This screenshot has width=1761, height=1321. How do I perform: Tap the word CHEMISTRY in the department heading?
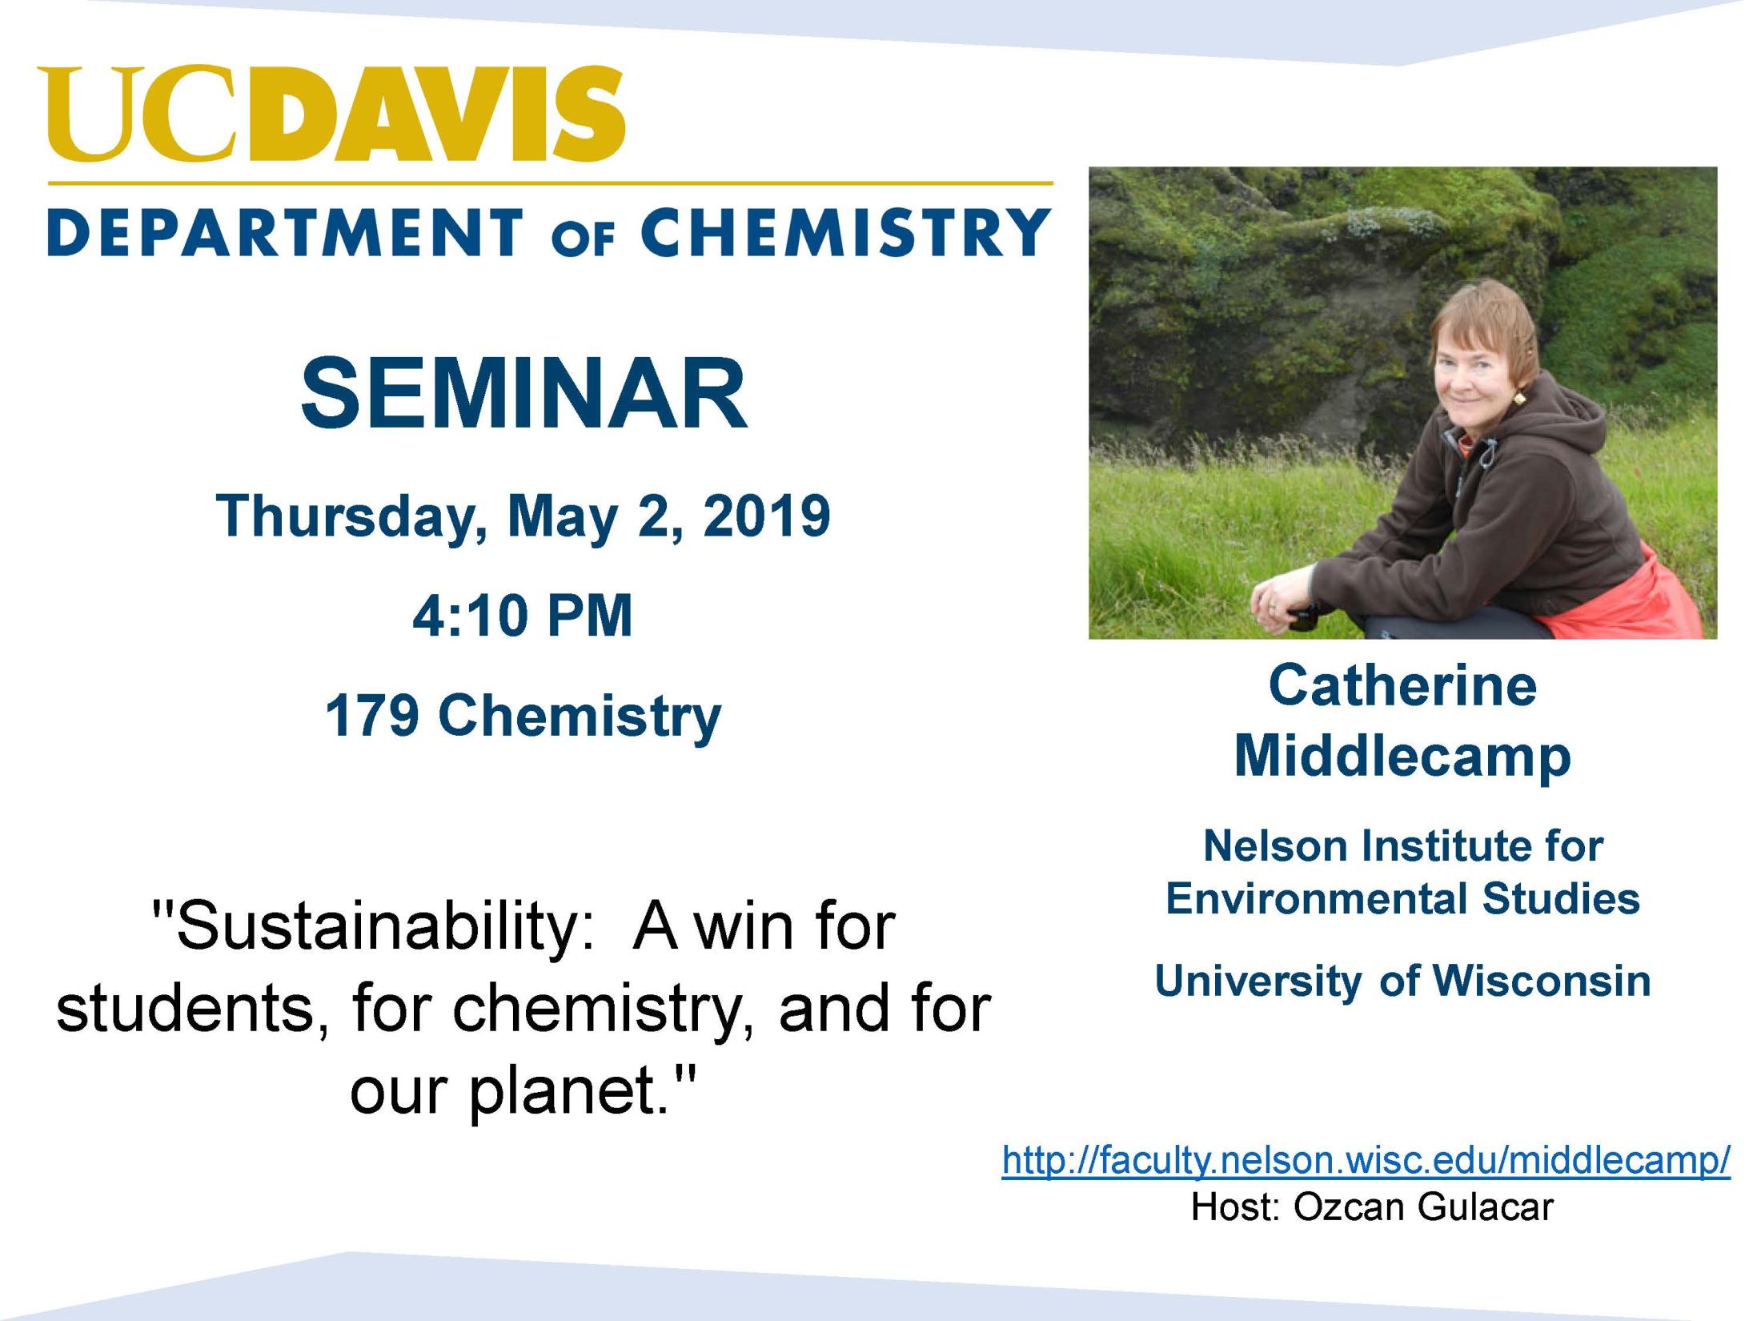tap(846, 232)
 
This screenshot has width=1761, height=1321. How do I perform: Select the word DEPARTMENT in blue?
tap(285, 232)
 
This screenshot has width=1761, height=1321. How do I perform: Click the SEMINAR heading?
tap(524, 394)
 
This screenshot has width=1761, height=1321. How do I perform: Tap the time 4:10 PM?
tap(523, 616)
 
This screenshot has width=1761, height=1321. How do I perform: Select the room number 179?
tap(372, 715)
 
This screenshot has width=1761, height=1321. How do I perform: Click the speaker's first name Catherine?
tap(1402, 686)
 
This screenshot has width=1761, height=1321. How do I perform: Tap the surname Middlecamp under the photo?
tap(1402, 757)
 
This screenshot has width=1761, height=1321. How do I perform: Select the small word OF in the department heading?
tap(582, 239)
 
